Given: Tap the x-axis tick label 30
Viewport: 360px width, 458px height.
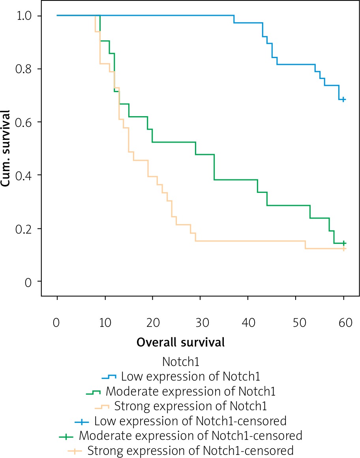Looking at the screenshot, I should point(200,323).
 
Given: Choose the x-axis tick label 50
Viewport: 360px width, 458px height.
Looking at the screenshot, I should point(296,323).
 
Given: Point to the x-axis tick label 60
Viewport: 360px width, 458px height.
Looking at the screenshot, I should point(344,323).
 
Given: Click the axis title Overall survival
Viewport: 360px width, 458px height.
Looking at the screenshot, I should point(180,342).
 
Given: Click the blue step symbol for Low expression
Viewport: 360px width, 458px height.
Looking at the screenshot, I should point(109,376).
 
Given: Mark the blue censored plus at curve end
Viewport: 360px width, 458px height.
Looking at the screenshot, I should point(344,99).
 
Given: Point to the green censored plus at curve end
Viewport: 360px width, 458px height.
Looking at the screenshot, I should point(344,243).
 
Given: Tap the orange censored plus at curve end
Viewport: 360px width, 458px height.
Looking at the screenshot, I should point(344,249).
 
